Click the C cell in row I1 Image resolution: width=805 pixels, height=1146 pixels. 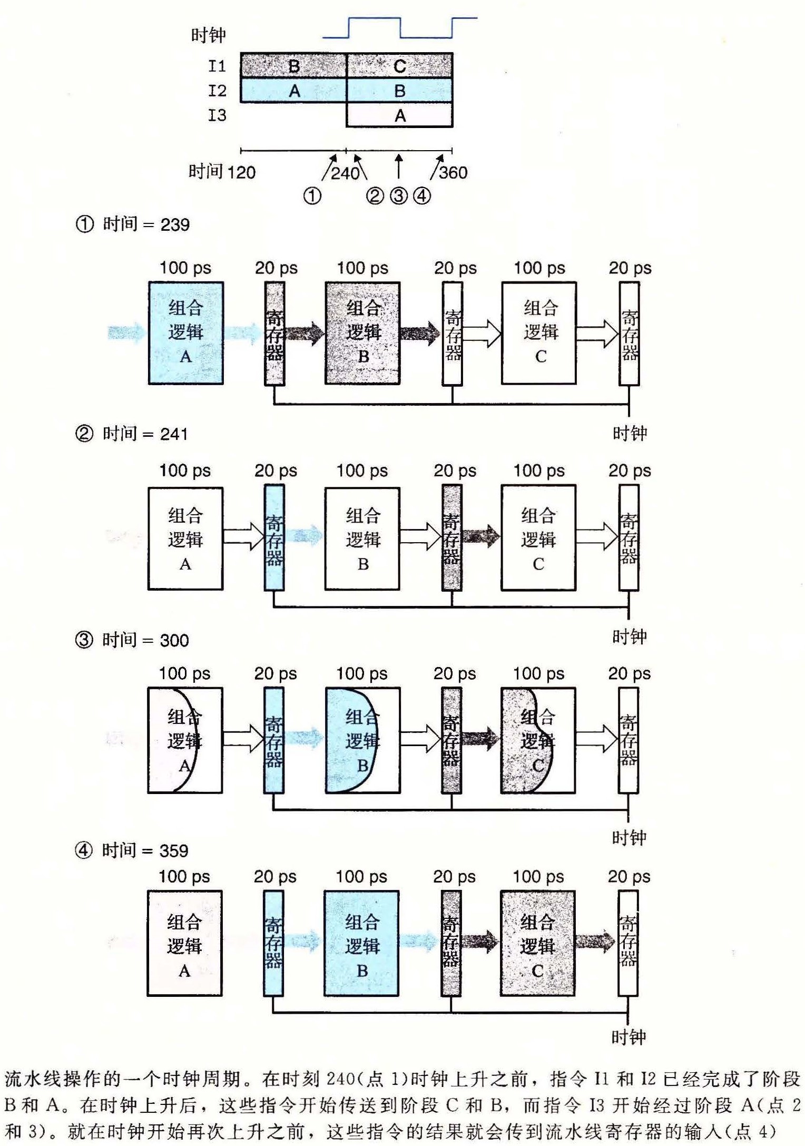point(399,66)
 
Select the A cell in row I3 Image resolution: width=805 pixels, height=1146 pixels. point(399,115)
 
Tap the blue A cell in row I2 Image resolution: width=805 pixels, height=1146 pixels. point(293,91)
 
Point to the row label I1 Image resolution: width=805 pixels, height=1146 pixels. point(217,66)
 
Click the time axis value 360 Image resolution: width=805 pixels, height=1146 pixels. point(453,172)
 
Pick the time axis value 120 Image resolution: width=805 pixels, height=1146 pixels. point(241,172)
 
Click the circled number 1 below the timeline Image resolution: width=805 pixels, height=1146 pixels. point(312,196)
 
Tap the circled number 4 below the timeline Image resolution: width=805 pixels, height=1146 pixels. point(421,196)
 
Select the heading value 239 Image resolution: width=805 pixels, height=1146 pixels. point(175,225)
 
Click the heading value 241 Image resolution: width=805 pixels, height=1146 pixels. point(174,434)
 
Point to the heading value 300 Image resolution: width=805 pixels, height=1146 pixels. point(174,641)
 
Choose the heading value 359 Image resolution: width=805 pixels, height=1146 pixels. point(174,850)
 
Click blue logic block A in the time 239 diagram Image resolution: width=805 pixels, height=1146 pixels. point(185,333)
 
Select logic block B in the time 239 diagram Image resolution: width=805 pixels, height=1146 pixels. point(362,333)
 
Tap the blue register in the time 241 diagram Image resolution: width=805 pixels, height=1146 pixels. point(274,537)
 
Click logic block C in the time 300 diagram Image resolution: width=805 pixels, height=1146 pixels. point(537,740)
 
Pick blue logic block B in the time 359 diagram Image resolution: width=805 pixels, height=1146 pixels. point(361,943)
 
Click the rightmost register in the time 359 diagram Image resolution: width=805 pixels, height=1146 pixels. point(628,943)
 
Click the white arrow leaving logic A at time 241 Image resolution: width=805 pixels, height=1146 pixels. point(242,536)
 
